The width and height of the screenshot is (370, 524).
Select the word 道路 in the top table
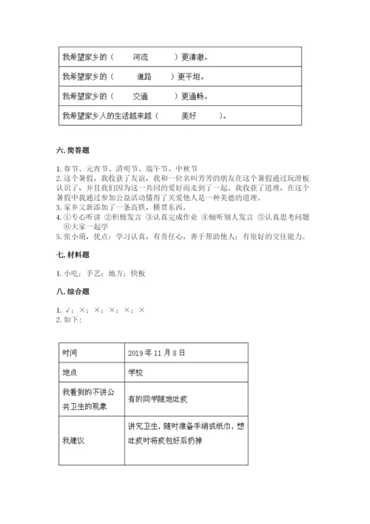click(x=144, y=76)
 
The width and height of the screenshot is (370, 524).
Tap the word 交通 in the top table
click(x=141, y=96)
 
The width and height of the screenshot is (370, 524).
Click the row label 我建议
click(x=74, y=440)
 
